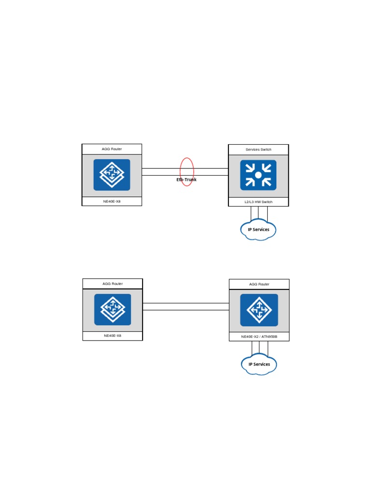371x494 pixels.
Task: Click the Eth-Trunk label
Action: coord(186,179)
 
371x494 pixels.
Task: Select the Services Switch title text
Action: coord(258,150)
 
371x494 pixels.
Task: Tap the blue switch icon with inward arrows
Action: coord(258,175)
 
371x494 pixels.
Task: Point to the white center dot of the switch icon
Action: coord(258,175)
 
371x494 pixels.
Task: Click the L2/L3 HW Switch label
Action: coord(258,202)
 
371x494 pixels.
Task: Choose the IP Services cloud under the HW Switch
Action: coord(258,230)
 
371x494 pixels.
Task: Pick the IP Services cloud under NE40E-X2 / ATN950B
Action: coord(259,364)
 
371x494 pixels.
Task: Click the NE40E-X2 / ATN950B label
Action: coord(259,336)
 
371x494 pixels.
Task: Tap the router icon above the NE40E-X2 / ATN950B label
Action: coord(259,309)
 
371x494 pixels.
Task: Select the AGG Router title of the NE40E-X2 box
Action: coord(259,284)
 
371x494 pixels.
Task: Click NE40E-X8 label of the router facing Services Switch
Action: coord(112,201)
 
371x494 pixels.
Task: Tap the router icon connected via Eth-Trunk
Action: coord(112,175)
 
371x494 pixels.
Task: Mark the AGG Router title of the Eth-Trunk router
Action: coord(112,149)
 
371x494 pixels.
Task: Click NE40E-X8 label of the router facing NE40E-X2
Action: coord(113,336)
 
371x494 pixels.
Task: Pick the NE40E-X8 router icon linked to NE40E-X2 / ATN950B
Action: coord(113,309)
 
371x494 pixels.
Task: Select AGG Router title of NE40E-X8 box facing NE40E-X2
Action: coord(113,284)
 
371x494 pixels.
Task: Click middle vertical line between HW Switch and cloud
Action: coord(259,213)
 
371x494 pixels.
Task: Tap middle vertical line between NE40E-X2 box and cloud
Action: coord(259,348)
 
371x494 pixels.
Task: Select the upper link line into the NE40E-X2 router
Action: coord(186,303)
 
